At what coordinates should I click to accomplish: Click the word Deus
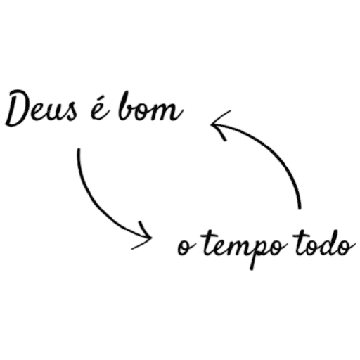pyautogui.click(x=41, y=108)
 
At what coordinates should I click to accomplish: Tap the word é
pyautogui.click(x=99, y=110)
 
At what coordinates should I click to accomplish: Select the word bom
pyautogui.click(x=150, y=107)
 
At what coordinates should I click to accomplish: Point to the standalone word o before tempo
pyautogui.click(x=184, y=247)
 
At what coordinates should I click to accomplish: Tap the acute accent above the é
pyautogui.click(x=102, y=101)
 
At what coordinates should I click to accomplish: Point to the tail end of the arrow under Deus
pyautogui.click(x=79, y=149)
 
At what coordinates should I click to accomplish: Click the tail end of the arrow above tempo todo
pyautogui.click(x=300, y=207)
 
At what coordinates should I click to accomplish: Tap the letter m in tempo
pyautogui.click(x=237, y=248)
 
